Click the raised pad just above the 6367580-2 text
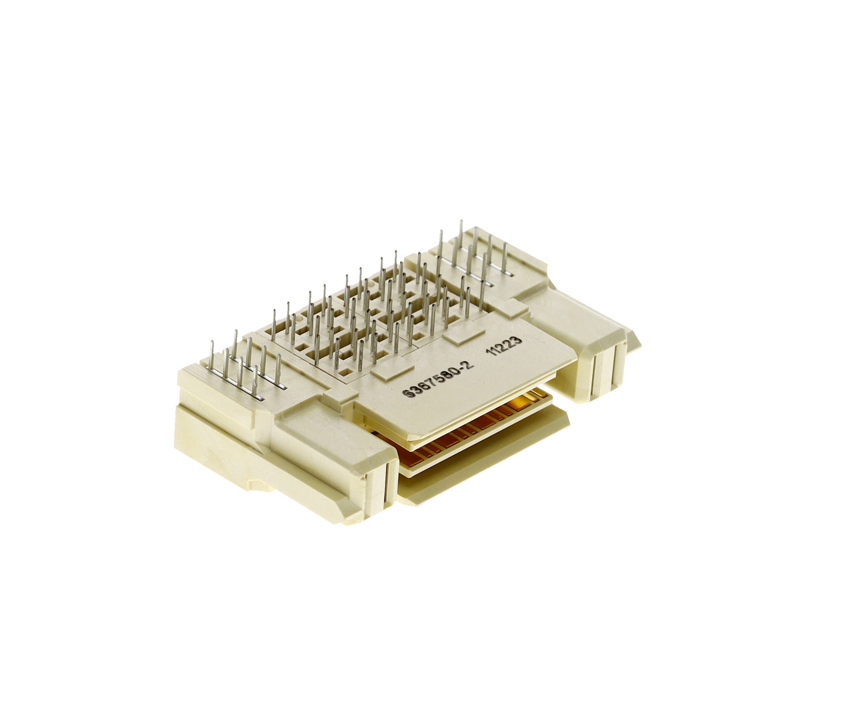pos(393,370)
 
